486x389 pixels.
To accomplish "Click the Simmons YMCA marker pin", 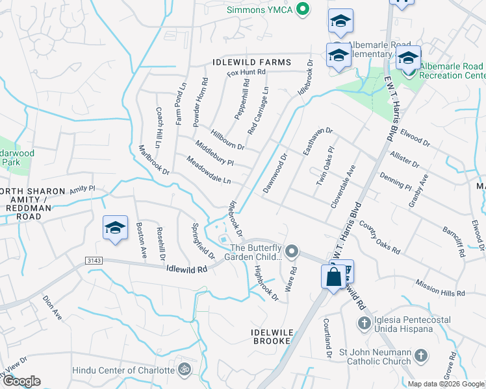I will click(x=301, y=9).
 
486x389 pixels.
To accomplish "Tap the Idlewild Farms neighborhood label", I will click(x=250, y=62).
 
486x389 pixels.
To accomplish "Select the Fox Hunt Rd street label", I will click(x=247, y=73).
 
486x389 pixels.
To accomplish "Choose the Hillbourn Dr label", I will click(x=227, y=137).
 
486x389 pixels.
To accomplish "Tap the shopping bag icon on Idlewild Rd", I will click(x=333, y=277).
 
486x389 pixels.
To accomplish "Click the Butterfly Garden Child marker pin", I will click(x=292, y=250).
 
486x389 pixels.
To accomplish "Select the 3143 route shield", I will click(x=94, y=261).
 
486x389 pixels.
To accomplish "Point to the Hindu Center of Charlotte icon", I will click(x=185, y=370).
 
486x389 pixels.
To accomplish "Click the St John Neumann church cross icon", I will click(x=421, y=355).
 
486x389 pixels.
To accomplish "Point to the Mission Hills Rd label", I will click(x=440, y=288).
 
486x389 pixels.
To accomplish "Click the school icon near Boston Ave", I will click(x=115, y=228).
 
